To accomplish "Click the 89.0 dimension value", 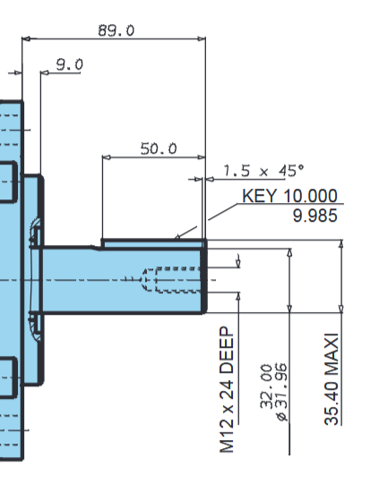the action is pyautogui.click(x=116, y=30).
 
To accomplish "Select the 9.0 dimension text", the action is pyautogui.click(x=70, y=64).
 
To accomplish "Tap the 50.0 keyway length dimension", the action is pyautogui.click(x=159, y=148).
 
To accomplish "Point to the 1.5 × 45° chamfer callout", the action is pyautogui.click(x=263, y=170).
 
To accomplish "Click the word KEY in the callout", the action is pyautogui.click(x=259, y=196).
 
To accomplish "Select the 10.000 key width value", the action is pyautogui.click(x=310, y=196).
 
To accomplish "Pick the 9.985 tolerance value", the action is pyautogui.click(x=314, y=216).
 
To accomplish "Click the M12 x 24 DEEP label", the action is pyautogui.click(x=227, y=390).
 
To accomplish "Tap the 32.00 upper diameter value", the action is pyautogui.click(x=266, y=386).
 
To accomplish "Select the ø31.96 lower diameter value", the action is pyautogui.click(x=282, y=392).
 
